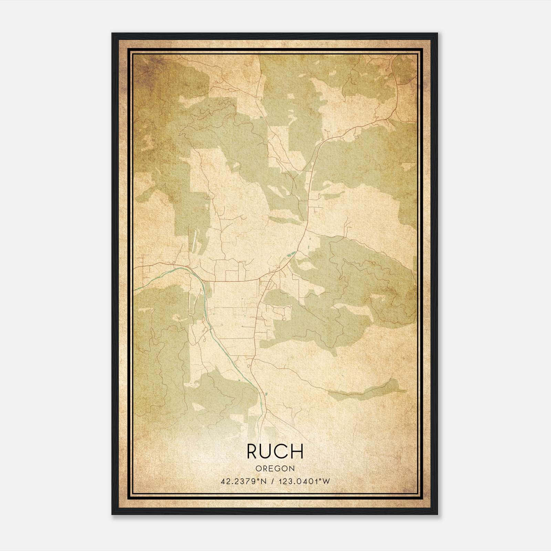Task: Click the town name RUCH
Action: (x=275, y=451)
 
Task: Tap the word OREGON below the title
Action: (x=275, y=469)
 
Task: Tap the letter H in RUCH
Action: (x=297, y=451)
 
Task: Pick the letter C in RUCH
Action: (x=282, y=451)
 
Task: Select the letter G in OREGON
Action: (x=278, y=469)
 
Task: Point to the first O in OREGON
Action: (x=258, y=469)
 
